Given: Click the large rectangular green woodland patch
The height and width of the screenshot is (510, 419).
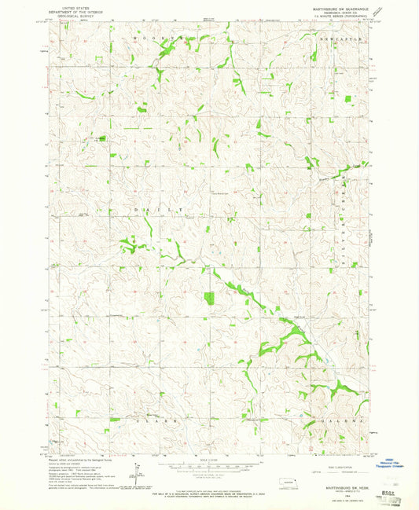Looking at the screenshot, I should (208, 298).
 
